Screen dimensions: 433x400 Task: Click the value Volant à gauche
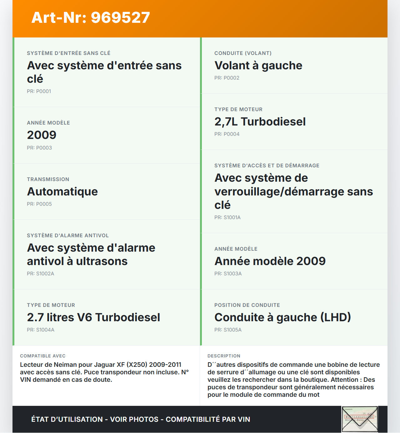pyautogui.click(x=258, y=66)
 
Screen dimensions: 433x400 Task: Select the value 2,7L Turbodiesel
pyautogui.click(x=260, y=122)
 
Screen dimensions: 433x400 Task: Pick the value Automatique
pyautogui.click(x=62, y=191)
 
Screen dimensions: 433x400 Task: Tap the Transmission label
pyautogui.click(x=48, y=179)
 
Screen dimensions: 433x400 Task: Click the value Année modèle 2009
pyautogui.click(x=270, y=261)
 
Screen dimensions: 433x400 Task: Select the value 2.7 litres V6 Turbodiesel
pyautogui.click(x=93, y=317)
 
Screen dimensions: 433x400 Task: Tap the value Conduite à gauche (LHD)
pyautogui.click(x=282, y=317)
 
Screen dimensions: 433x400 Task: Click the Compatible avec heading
pyautogui.click(x=43, y=356)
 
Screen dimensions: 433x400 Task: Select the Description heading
pyautogui.click(x=224, y=356)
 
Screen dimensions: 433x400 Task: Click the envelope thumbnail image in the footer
pyautogui.click(x=360, y=419)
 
